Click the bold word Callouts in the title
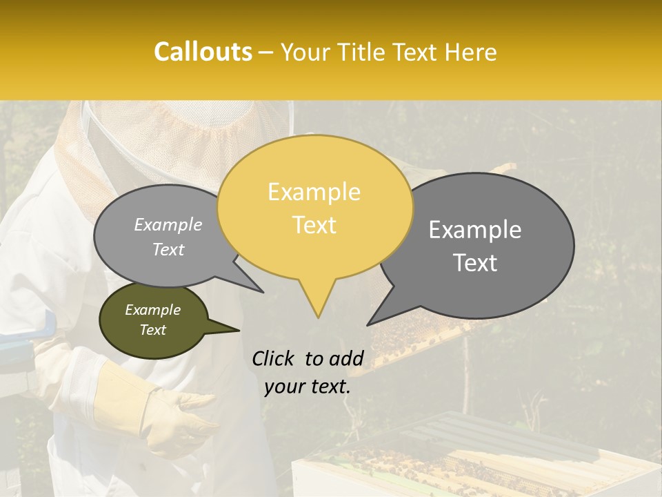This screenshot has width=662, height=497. click(x=203, y=52)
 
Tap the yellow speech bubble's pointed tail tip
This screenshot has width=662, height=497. click(x=318, y=317)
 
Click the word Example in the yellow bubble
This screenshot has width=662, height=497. click(x=314, y=192)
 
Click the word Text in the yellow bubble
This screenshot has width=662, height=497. click(x=314, y=225)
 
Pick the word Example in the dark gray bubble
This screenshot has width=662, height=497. click(x=474, y=230)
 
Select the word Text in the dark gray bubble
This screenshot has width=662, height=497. click(x=476, y=263)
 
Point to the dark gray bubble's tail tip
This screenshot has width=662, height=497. click(x=368, y=324)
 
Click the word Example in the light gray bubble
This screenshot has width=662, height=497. click(x=168, y=224)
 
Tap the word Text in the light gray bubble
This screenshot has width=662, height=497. click(x=168, y=249)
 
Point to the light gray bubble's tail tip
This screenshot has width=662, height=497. click(x=263, y=292)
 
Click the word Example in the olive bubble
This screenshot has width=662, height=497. click(x=152, y=310)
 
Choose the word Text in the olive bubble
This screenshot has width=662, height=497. click(x=152, y=330)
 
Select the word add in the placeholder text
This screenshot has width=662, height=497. click(x=346, y=358)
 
